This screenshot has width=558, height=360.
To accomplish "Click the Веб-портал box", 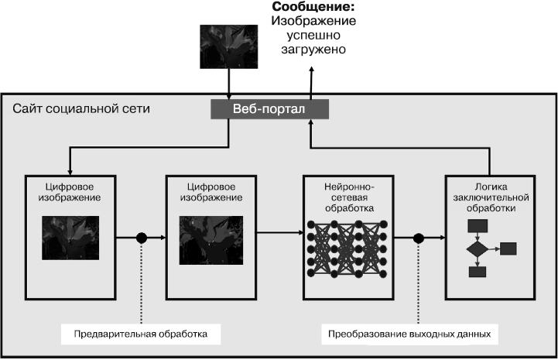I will [x=269, y=109].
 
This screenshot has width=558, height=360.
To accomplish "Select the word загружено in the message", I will [x=313, y=49].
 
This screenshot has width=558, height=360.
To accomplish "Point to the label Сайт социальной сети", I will [x=81, y=108].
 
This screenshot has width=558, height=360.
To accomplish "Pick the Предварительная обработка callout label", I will [x=141, y=334].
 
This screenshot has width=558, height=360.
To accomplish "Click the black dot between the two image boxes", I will [x=142, y=238].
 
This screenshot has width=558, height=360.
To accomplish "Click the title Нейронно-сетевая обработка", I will [x=350, y=197].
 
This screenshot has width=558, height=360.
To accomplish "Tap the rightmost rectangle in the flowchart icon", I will [x=508, y=249].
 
